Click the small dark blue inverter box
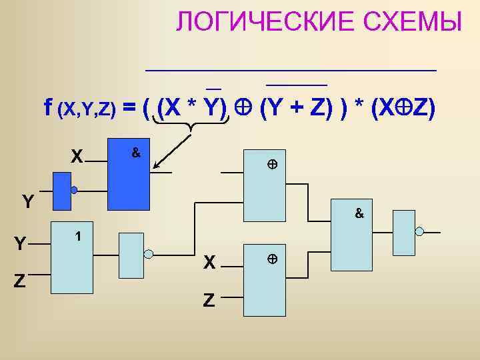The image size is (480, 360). coord(62,189)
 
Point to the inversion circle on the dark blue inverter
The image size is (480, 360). coord(74,190)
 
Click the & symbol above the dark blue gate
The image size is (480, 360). coord(135,153)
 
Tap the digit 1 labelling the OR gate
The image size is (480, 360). coord(79,236)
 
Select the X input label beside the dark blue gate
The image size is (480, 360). coord(77,157)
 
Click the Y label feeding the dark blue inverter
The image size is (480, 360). coord(27,201)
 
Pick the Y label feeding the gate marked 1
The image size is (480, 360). coord(21,245)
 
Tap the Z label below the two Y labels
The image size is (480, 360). coord(21,282)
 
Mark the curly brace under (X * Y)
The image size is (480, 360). coord(191,123)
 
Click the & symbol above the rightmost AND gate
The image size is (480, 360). coord(359,214)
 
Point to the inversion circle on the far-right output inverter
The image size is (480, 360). coord(419,231)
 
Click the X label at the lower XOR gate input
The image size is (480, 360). coord(209,263)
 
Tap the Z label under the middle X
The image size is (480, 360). coord(209,301)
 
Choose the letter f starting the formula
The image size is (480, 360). coord(48,107)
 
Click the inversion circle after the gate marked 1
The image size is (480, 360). coord(149,253)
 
